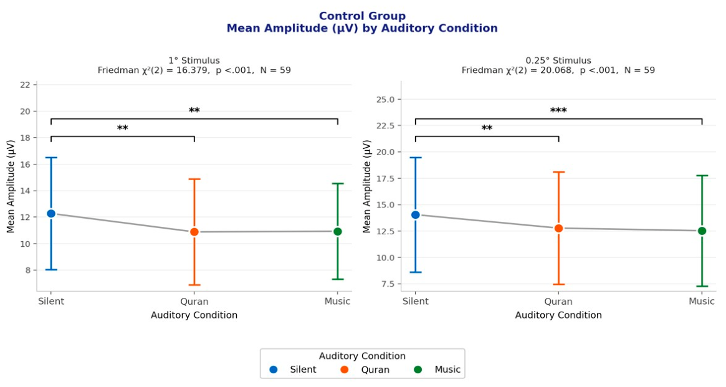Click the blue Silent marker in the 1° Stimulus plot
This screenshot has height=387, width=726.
[51, 213]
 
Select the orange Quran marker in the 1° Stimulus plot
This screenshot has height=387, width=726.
[194, 231]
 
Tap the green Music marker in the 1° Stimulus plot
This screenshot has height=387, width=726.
[338, 231]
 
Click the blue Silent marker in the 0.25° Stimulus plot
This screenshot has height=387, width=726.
[415, 215]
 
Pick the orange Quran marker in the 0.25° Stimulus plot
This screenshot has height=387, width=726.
[558, 228]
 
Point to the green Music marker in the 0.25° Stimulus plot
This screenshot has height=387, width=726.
[702, 231]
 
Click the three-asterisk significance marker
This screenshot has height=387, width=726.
[558, 111]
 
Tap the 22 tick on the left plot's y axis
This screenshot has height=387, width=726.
[26, 85]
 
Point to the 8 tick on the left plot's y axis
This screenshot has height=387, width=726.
[28, 270]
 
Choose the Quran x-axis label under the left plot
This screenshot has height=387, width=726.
[194, 302]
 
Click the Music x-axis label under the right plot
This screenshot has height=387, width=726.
[702, 302]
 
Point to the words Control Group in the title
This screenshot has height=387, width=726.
[362, 16]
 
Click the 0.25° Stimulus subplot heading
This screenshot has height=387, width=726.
[558, 60]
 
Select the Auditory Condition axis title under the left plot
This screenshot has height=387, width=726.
[194, 315]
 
